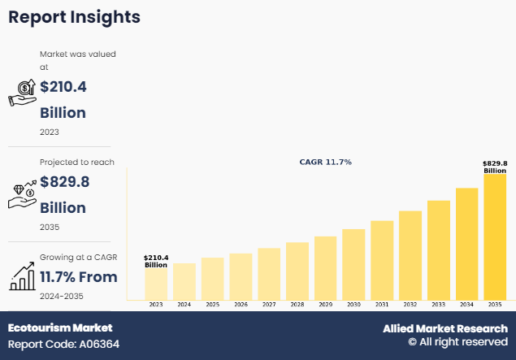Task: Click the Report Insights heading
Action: coord(74,17)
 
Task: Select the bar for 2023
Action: coord(156,283)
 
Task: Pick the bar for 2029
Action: coord(325,267)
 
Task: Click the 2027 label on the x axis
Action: coord(269,305)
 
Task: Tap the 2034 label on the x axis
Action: coord(466,305)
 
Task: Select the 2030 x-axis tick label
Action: coord(353,305)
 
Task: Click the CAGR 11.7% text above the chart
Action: coord(325,163)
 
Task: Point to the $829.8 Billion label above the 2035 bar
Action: coord(495,167)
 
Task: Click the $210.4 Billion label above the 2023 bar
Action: coord(156,261)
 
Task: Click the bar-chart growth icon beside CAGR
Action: coord(22,276)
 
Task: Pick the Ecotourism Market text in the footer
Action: coord(60,328)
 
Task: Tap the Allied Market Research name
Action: coord(445,328)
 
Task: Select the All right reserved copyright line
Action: coord(457,343)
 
